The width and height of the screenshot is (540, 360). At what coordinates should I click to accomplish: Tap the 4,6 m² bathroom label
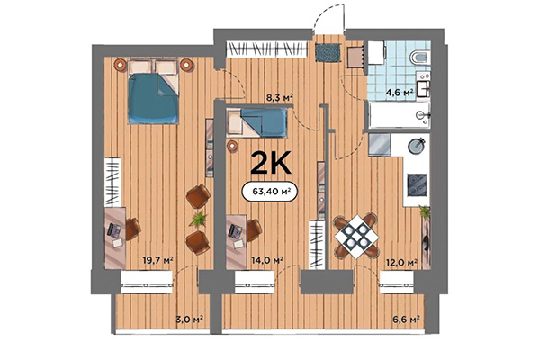click(x=400, y=91)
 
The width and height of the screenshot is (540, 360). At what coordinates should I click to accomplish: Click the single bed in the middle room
click(x=257, y=121)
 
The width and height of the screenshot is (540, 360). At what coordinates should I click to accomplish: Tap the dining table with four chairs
click(x=358, y=236)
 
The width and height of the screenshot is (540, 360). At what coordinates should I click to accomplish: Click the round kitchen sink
click(x=417, y=146)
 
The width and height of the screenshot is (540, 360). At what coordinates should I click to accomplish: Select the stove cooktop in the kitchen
click(x=417, y=184)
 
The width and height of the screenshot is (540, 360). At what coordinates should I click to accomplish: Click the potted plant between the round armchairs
click(x=195, y=220)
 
